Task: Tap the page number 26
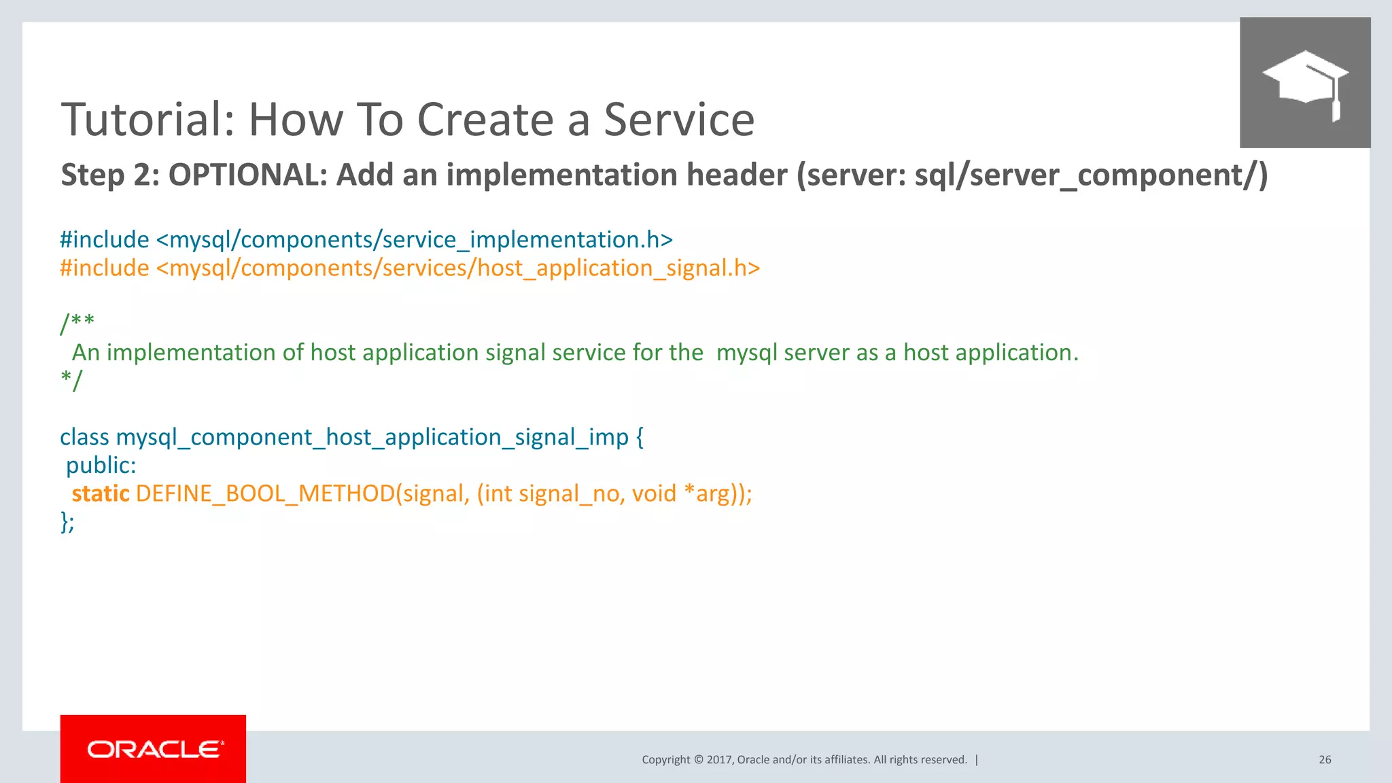1325,760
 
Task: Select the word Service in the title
679,120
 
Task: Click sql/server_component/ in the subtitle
1087,175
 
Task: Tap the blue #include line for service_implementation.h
366,240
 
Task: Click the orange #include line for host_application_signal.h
410,268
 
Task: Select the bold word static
101,493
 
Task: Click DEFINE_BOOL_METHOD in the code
265,493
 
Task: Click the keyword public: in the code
101,466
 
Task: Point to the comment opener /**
77,321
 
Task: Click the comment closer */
71,379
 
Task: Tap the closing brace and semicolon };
67,522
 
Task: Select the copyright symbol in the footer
698,760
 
